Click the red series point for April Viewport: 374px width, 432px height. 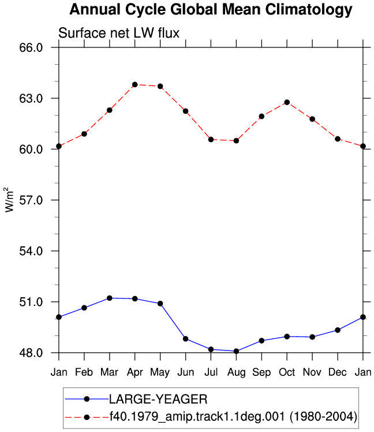coord(134,84)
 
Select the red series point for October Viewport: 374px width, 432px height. coord(287,102)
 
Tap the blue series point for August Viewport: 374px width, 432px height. coord(236,351)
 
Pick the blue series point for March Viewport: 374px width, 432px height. coord(110,298)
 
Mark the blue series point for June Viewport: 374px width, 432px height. coord(186,338)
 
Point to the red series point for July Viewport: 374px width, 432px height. coord(211,140)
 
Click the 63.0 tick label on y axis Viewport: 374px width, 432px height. coord(31,98)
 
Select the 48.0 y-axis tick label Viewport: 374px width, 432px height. coord(31,353)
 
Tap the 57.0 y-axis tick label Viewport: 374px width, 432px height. coord(31,200)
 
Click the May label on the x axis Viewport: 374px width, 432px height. coord(160,372)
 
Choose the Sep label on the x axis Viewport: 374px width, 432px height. coord(261,372)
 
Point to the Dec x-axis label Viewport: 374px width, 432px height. coord(338,372)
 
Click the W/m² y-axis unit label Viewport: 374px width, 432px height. coord(9,200)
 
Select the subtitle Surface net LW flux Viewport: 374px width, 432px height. coord(119,33)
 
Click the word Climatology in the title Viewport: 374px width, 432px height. coord(309,10)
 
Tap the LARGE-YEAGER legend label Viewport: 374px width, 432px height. coord(158,399)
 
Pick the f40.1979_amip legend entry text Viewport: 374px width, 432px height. coord(233,416)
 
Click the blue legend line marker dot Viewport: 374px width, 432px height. coord(87,399)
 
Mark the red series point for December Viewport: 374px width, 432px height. coord(338,139)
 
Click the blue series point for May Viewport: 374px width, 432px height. coord(160,304)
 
